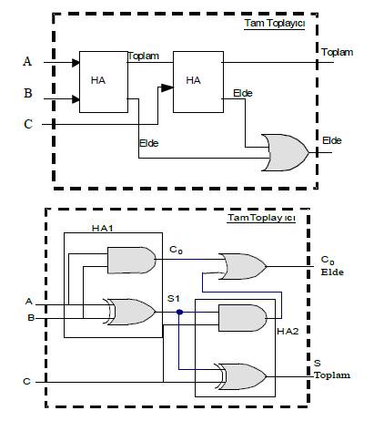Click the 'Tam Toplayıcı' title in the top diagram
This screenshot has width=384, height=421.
[275, 24]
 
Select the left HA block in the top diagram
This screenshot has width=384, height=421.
[104, 82]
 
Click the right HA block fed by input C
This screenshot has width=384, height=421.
[198, 82]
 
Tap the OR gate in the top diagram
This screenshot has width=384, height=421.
[285, 152]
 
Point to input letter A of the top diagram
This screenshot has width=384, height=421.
[27, 61]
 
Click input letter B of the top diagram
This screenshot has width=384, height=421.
[28, 93]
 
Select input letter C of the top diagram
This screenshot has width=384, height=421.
[28, 124]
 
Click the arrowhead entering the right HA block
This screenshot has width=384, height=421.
[167, 87]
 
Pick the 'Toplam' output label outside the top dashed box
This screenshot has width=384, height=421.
[338, 52]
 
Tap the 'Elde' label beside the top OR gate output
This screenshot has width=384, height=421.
[332, 140]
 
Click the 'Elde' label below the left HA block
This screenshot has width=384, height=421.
[149, 143]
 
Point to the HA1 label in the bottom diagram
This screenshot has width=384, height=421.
[103, 228]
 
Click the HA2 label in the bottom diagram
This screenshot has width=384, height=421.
[288, 331]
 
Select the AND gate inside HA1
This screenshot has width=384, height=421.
[132, 261]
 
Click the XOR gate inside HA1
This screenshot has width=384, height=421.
[130, 312]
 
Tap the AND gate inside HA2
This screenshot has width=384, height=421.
[243, 318]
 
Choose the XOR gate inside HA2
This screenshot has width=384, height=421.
[240, 376]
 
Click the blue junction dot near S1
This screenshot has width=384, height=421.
[179, 312]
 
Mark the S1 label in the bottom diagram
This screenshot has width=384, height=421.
[174, 299]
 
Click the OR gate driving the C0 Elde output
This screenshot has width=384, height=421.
[243, 266]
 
